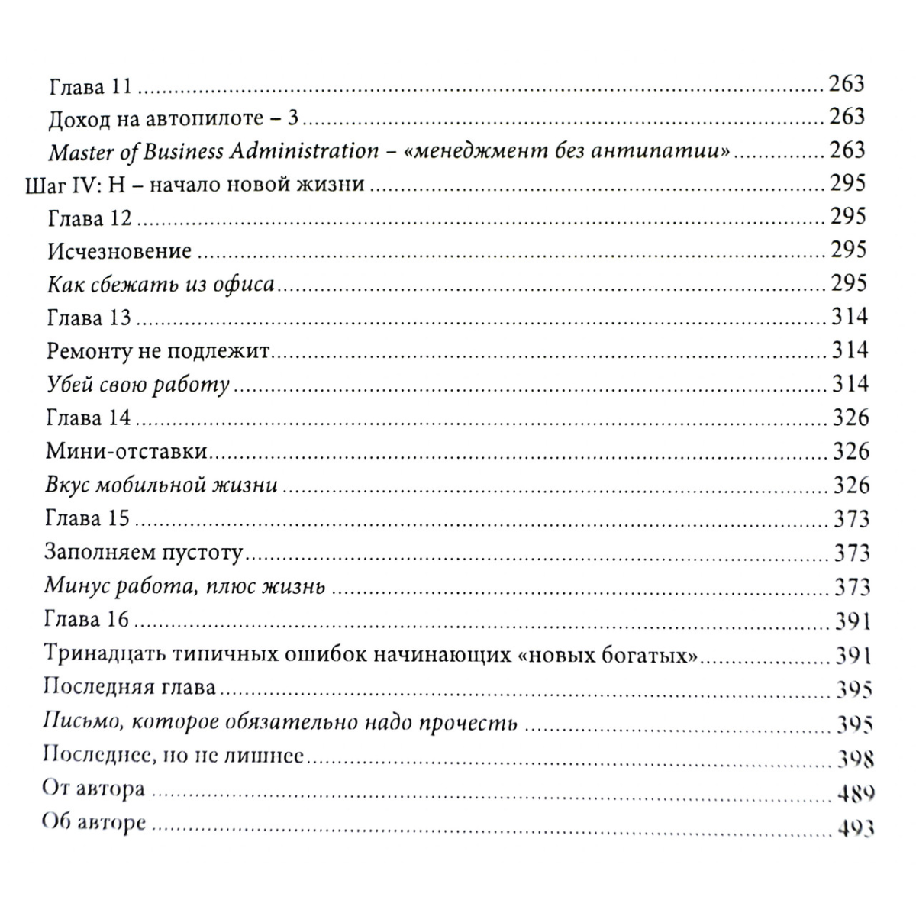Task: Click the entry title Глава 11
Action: tap(90, 85)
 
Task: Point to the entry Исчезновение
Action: tap(119, 250)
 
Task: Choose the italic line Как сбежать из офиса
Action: tap(160, 285)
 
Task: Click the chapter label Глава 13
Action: tap(89, 318)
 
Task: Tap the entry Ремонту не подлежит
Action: tap(160, 351)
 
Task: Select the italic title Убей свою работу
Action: tap(137, 385)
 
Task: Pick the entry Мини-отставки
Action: tap(127, 451)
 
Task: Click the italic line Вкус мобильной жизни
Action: tap(160, 485)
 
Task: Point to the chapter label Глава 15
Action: tap(88, 519)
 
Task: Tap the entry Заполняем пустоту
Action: tap(144, 552)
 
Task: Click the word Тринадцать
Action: tap(102, 655)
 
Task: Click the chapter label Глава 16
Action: tap(87, 619)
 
